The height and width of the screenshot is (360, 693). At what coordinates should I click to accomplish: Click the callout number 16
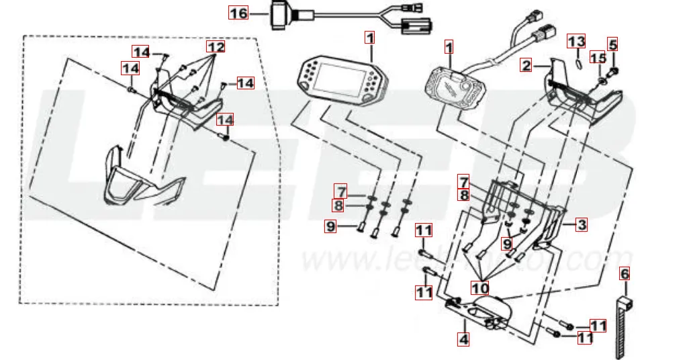(x=238, y=13)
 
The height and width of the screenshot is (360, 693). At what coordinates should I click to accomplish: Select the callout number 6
(x=625, y=273)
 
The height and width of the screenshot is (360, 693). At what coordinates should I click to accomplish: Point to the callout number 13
(x=577, y=42)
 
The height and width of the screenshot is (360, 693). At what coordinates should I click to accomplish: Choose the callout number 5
(x=612, y=45)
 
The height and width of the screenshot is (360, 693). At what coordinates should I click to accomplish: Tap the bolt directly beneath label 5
(x=614, y=70)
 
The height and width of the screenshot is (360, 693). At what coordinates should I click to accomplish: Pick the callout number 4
(x=463, y=339)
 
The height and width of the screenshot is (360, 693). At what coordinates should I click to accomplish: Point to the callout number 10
(x=480, y=287)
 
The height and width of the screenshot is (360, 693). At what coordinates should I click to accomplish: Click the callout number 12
(x=215, y=48)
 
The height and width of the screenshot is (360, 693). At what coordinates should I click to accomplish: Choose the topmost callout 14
(x=140, y=52)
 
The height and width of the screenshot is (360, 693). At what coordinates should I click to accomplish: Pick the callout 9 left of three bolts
(x=330, y=227)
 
